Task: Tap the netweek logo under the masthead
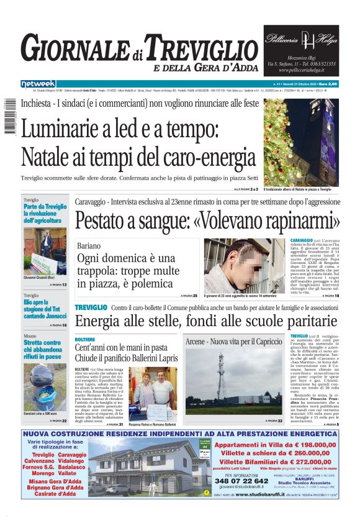[38, 83]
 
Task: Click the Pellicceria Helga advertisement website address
[301, 70]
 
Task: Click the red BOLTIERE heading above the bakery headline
[85, 340]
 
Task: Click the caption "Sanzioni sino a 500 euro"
[44, 413]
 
